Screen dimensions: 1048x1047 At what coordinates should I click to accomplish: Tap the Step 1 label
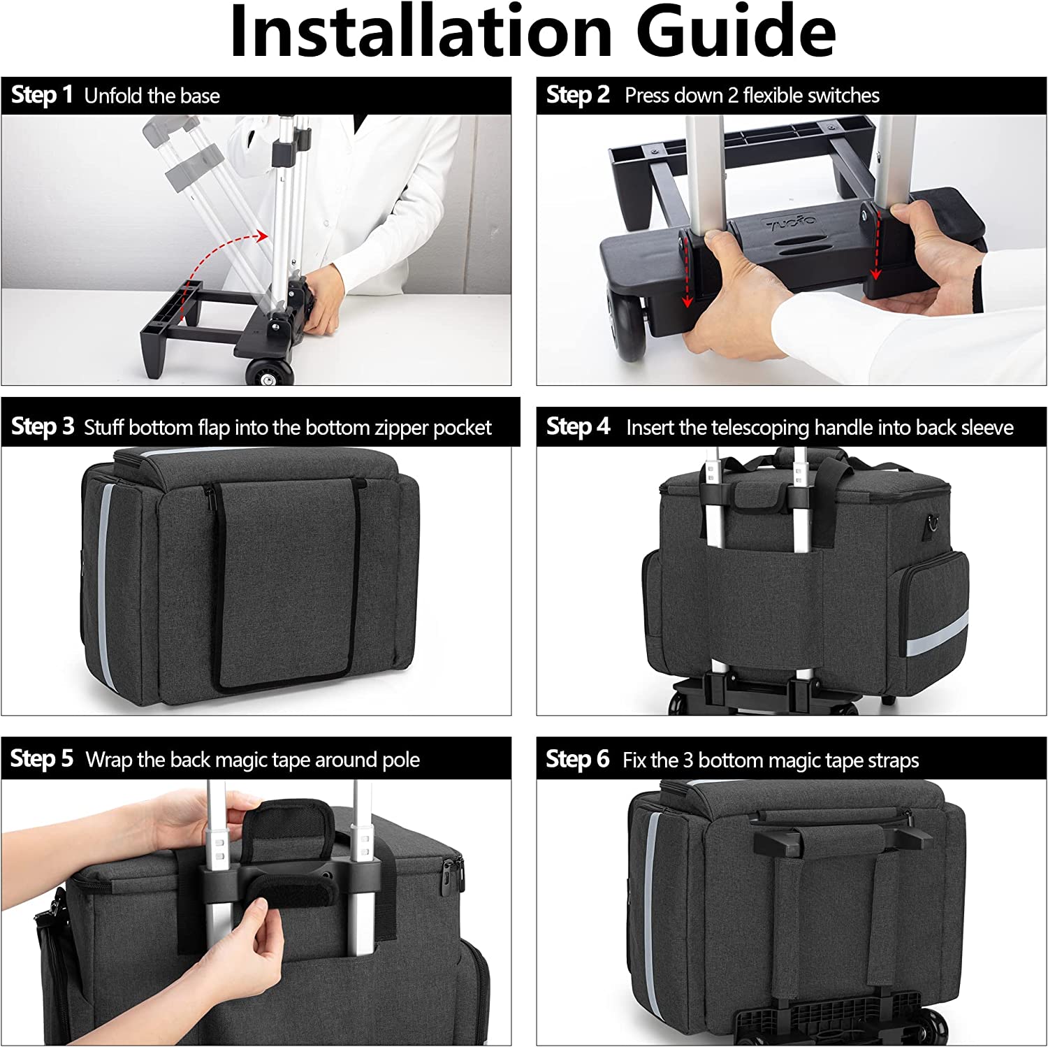click(x=42, y=95)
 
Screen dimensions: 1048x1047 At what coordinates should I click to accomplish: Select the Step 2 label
click(x=578, y=95)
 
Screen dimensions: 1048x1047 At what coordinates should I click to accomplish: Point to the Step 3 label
click(x=43, y=426)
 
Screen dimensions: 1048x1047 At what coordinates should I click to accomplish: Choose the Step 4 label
click(x=578, y=426)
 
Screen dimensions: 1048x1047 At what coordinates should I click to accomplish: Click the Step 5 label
click(x=42, y=759)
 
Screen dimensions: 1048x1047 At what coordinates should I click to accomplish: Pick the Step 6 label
click(x=578, y=759)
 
